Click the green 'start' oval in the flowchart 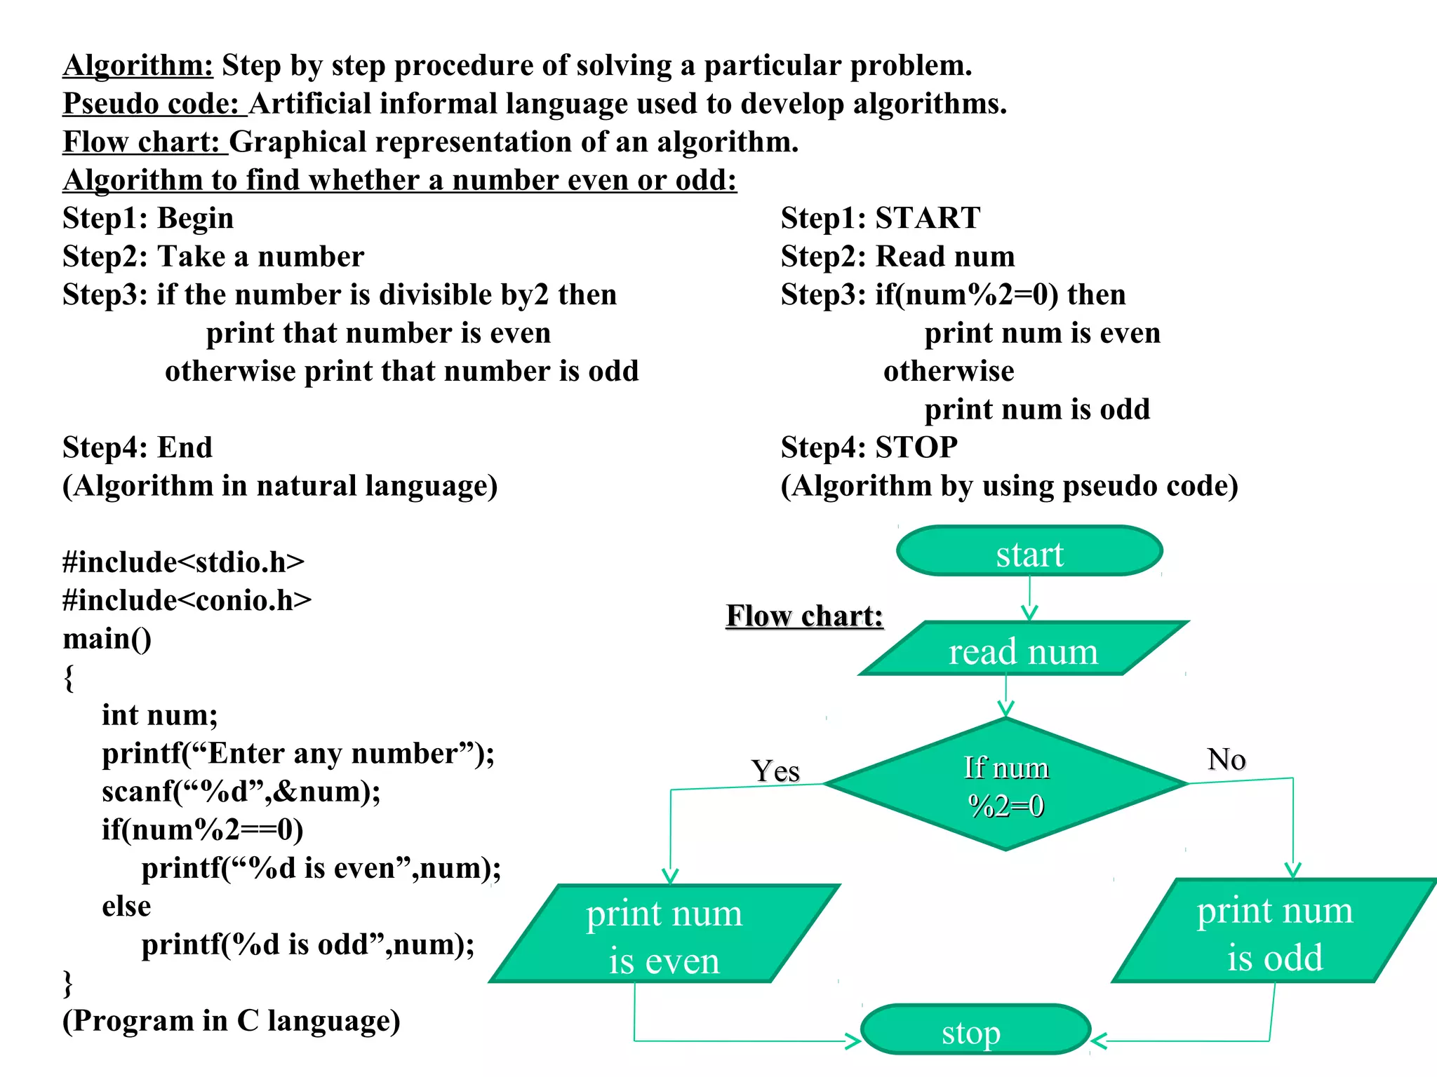click(1029, 552)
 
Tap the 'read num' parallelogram click(1023, 650)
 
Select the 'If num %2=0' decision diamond click(1006, 785)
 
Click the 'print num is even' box click(664, 935)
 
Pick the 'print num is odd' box click(1274, 932)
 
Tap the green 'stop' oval click(975, 1030)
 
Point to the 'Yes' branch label click(775, 771)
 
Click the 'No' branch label click(1226, 759)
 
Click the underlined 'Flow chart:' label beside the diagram click(804, 616)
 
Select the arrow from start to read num click(1029, 598)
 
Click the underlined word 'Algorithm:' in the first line click(138, 65)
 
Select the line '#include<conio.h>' click(187, 600)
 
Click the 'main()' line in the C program click(107, 639)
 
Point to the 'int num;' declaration click(160, 715)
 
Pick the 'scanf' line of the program click(241, 792)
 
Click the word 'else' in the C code click(126, 906)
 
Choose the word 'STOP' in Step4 click(916, 447)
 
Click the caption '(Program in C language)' click(232, 1021)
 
